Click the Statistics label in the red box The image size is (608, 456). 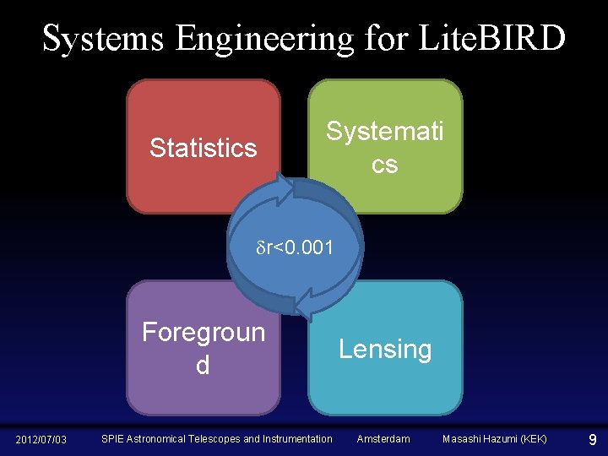(x=203, y=148)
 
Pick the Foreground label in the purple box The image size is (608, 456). (x=203, y=348)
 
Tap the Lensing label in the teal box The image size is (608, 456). (x=384, y=349)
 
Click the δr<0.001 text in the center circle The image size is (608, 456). (x=295, y=248)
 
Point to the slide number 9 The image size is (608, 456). (x=592, y=439)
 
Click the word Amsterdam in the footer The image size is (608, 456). (x=383, y=439)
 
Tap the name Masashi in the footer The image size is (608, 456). (x=464, y=439)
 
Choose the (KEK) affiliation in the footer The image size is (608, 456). (x=532, y=439)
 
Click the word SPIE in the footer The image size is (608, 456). (x=113, y=439)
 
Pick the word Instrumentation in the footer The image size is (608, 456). (x=299, y=439)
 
